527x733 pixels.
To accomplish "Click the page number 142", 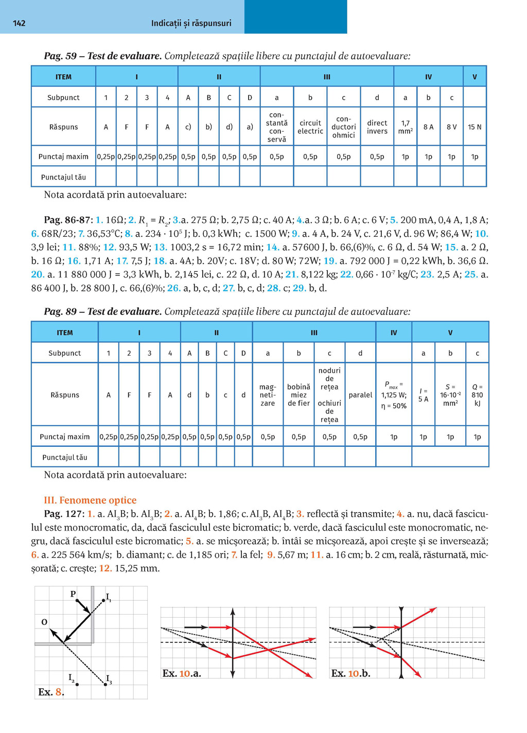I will coord(19,23).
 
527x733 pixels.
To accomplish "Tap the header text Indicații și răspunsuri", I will coord(191,23).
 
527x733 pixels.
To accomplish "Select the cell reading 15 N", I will coord(475,127).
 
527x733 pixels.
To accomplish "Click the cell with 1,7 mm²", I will coord(405,127).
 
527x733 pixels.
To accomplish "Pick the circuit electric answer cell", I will coord(310,127).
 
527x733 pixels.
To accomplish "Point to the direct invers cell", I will coord(377,127).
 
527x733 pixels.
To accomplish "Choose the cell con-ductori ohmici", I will coord(343,127).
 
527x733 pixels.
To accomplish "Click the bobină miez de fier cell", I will coord(298,395).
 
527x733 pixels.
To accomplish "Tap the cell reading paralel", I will coord(360,395).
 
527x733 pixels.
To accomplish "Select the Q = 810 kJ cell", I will coord(477,395).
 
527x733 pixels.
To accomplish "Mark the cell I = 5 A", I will coord(423,395).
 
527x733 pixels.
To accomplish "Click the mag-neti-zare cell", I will coord(268,395).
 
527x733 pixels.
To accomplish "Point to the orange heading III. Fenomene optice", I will coord(90,500).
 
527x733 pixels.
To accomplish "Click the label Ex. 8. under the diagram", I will coord(51,692).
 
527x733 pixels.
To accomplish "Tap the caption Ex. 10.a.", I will coord(182,673).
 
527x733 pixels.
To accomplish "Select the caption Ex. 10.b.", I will coord(350,673).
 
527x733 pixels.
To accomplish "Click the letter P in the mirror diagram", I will coord(73,594).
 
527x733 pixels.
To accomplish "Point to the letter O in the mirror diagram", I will coord(44,622).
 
